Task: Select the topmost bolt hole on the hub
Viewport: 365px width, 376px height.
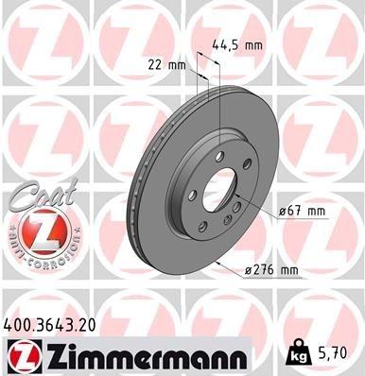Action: pyautogui.click(x=219, y=155)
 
